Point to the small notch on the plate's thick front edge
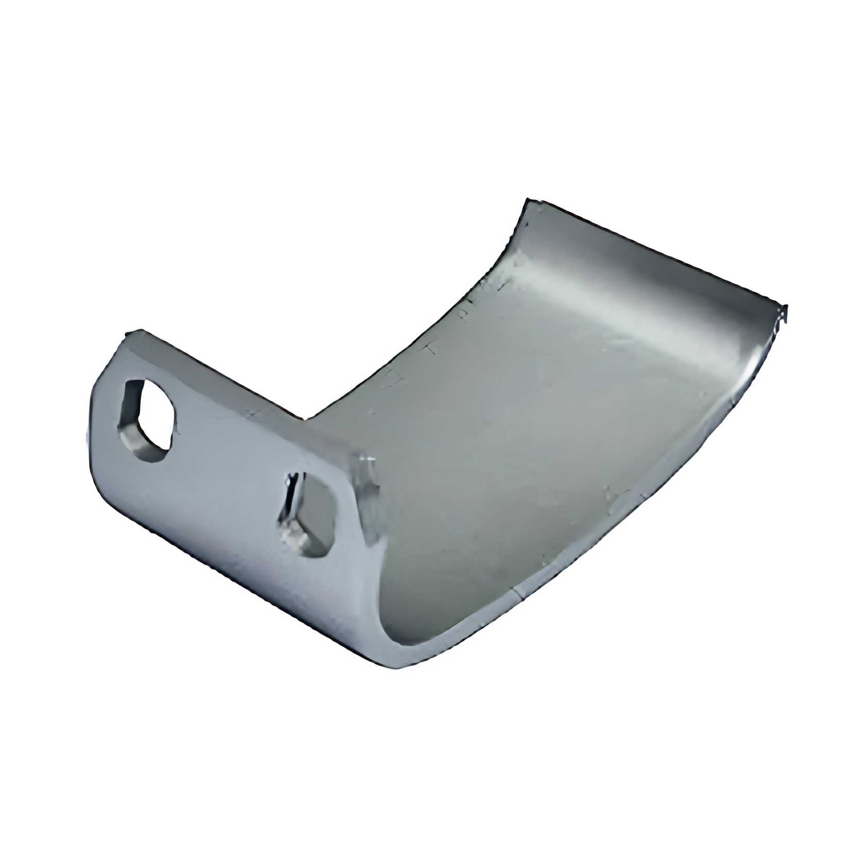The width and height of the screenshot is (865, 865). (x=517, y=597)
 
